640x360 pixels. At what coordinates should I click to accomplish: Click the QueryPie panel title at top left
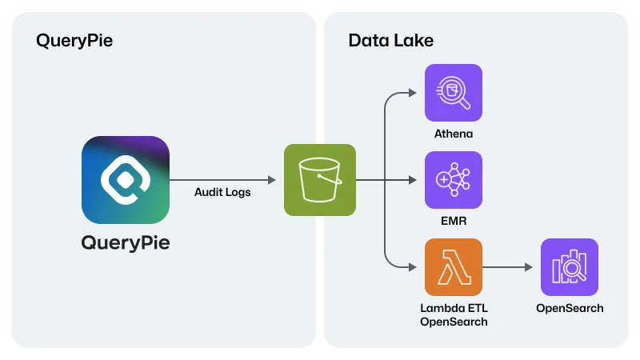[74, 41]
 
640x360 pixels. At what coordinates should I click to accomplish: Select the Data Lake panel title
[391, 41]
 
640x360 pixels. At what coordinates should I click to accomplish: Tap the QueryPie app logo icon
[126, 179]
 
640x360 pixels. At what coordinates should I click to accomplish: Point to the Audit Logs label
[222, 192]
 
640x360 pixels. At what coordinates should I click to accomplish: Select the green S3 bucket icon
[319, 180]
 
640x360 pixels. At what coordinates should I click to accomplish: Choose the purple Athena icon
[454, 93]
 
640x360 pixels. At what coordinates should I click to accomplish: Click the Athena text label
[454, 133]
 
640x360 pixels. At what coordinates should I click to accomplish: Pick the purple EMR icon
[454, 180]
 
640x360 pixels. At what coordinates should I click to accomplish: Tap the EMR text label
[454, 220]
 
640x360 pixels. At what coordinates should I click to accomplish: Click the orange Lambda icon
[454, 267]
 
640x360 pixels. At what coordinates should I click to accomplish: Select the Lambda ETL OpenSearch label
[454, 314]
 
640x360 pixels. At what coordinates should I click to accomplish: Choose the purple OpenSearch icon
[570, 267]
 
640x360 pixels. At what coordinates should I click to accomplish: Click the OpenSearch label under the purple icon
[570, 308]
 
